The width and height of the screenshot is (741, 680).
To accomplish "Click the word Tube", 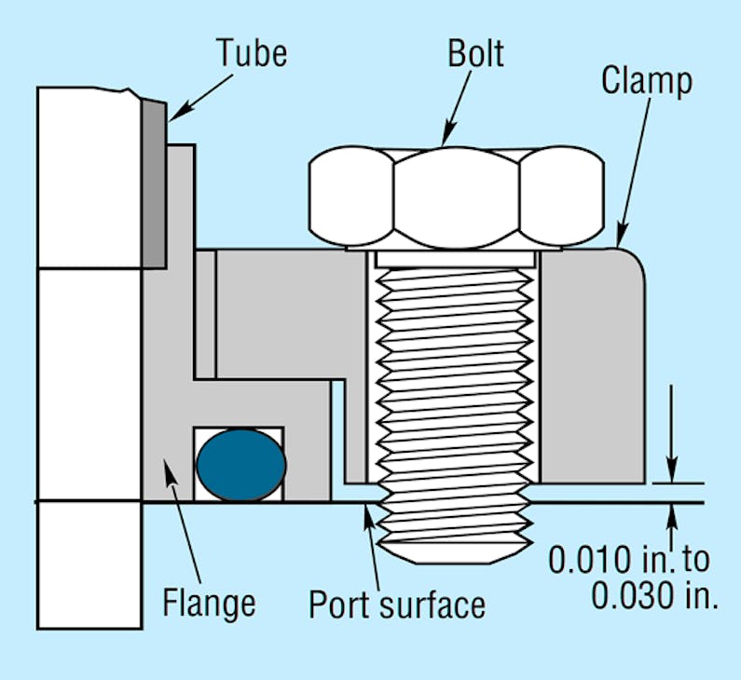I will tap(251, 53).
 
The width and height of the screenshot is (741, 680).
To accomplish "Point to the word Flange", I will tap(209, 603).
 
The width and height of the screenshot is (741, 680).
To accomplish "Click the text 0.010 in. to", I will tap(628, 560).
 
